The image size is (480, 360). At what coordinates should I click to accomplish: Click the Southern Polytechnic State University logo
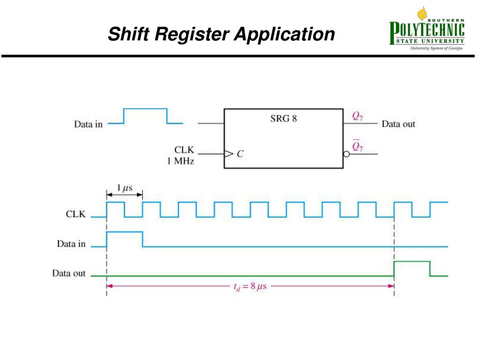427,30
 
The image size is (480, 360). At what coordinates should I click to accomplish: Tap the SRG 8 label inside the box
283,119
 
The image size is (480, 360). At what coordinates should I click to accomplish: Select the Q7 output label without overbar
357,117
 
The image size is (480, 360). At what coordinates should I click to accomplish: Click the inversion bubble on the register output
346,154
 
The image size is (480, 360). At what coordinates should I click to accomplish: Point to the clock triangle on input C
228,153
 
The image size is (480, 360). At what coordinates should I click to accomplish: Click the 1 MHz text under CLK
181,161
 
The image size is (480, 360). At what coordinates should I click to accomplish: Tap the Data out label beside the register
398,124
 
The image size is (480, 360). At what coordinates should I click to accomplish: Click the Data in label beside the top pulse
88,124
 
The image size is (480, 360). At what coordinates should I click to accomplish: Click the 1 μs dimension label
124,188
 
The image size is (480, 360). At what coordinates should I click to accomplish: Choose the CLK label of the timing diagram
75,215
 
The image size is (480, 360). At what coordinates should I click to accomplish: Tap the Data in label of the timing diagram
71,244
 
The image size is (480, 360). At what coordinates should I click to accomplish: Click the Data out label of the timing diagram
69,273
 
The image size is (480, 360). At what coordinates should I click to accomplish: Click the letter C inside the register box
240,154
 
